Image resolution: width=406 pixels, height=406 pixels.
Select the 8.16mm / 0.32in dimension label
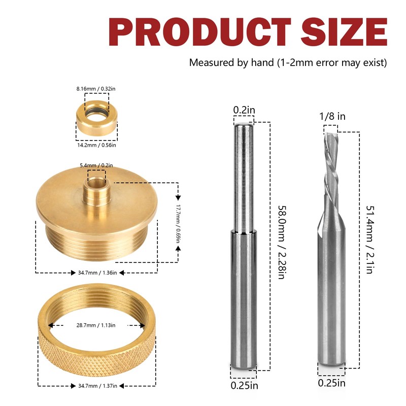coord(96,88)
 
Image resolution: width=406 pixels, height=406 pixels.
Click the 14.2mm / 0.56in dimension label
coord(96,145)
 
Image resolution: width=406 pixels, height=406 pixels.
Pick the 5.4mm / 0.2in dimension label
coord(96,165)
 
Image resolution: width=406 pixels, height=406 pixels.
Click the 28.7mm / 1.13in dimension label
coord(96,325)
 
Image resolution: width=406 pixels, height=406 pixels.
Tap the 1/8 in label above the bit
coord(333,116)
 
